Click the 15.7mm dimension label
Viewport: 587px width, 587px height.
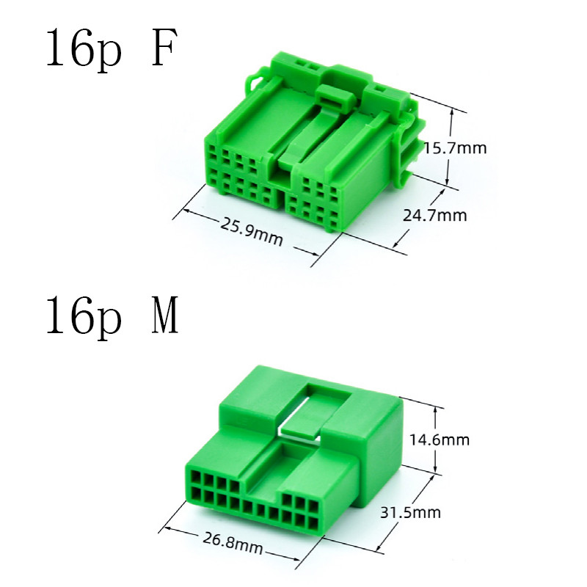click(x=455, y=148)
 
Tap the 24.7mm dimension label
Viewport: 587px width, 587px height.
click(x=435, y=215)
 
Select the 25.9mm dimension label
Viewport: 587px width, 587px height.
click(x=252, y=232)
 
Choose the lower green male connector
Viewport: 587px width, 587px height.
click(x=293, y=455)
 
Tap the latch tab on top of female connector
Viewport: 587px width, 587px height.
click(x=332, y=95)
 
